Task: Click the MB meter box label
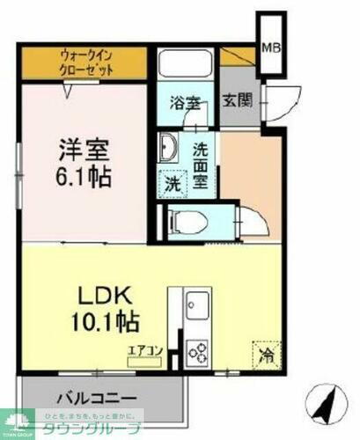tap(271, 46)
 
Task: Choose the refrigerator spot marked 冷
tap(265, 356)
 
